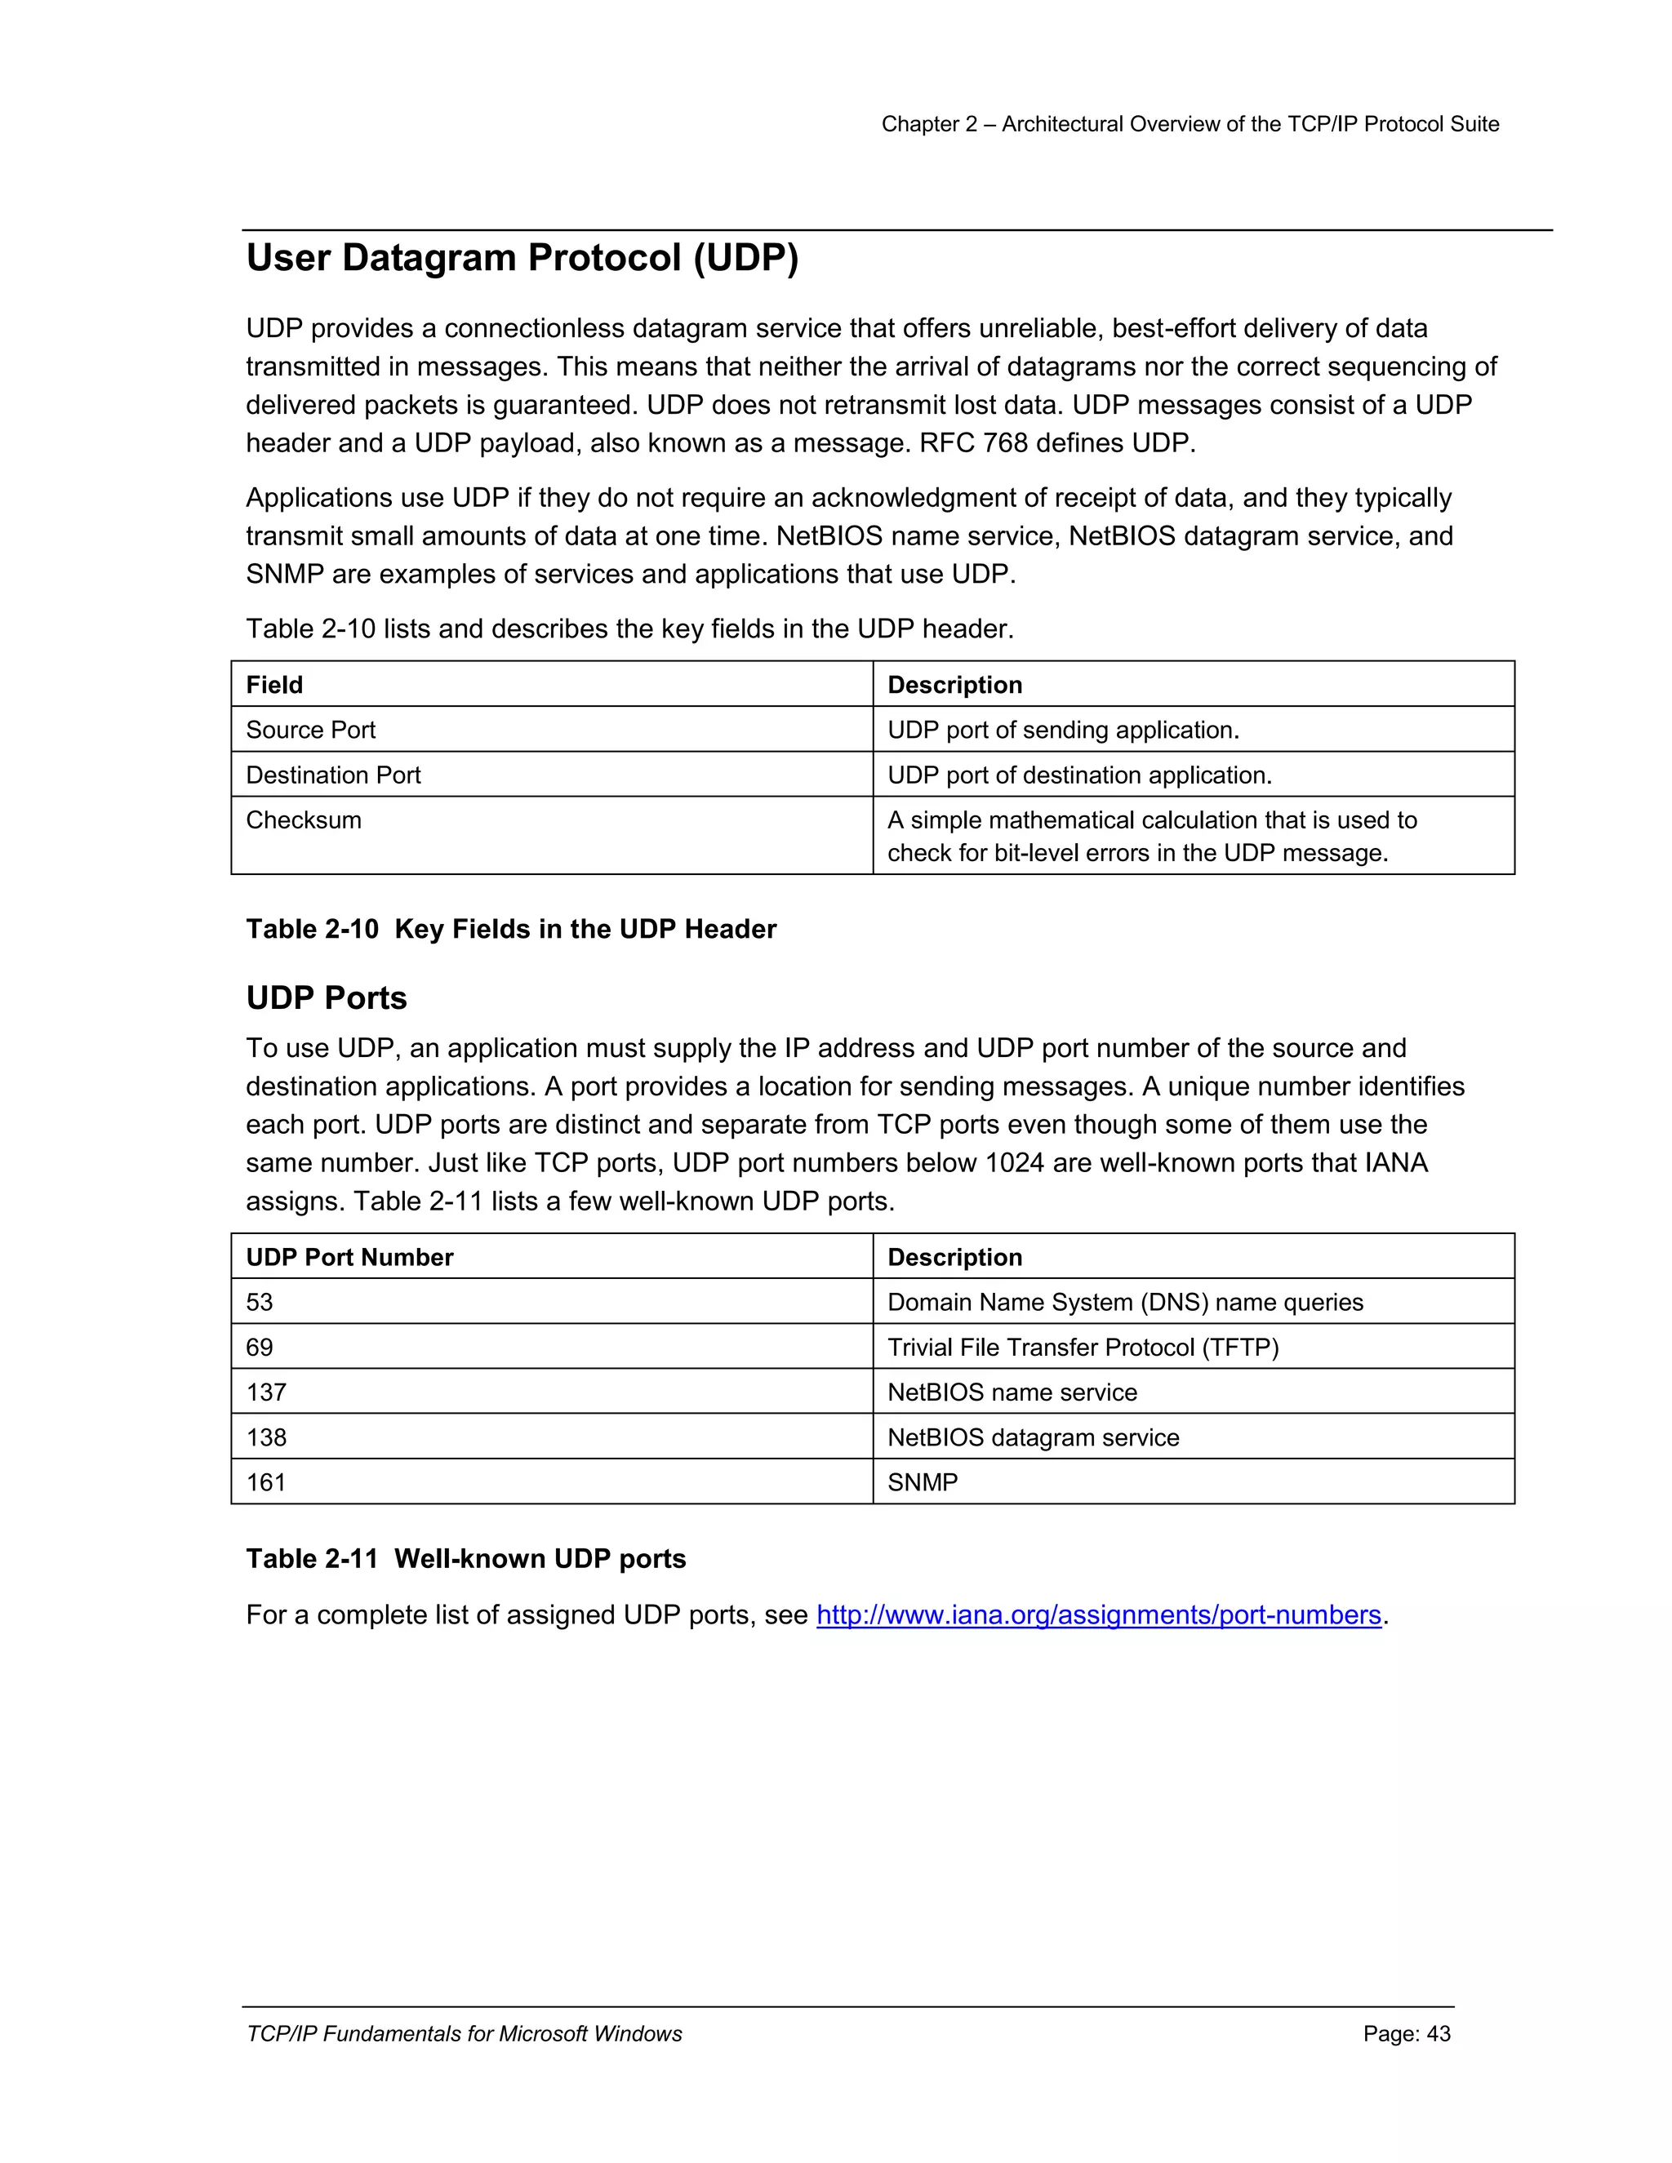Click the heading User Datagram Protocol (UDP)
(522, 257)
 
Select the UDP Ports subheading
(326, 997)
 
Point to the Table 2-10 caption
(510, 929)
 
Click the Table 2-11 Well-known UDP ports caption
(465, 1559)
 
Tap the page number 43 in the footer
(1406, 2033)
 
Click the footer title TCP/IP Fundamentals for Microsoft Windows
(464, 2033)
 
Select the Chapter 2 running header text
(1190, 124)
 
